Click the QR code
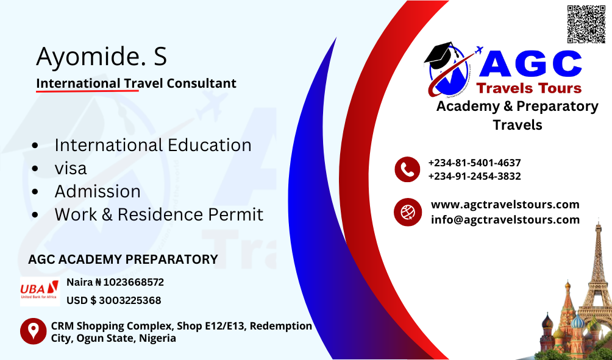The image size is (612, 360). [x=586, y=24]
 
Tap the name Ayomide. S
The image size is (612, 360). [x=101, y=57]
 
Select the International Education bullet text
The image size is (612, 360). [x=153, y=145]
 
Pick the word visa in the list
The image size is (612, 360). [x=71, y=169]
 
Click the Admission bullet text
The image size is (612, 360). [x=98, y=191]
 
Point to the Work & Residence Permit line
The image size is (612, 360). [x=159, y=214]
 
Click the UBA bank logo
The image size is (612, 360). [x=40, y=291]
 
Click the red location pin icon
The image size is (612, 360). [x=33, y=331]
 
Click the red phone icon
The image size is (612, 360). [x=407, y=169]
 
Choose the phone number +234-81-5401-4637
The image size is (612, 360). [x=474, y=163]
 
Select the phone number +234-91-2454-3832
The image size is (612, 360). [x=474, y=176]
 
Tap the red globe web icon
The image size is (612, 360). [x=407, y=212]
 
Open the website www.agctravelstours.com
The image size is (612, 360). [x=505, y=205]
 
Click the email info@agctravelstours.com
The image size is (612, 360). [x=505, y=219]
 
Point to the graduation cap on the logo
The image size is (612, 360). [x=439, y=55]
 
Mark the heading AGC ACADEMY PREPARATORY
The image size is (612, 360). [x=123, y=259]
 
